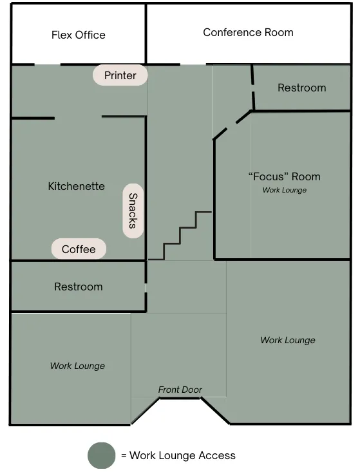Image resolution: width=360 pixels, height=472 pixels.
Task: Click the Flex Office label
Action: (79, 35)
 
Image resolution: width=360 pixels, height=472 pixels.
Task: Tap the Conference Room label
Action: (248, 32)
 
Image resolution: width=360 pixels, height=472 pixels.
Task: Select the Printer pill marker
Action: (120, 75)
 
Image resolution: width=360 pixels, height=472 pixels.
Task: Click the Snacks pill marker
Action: (133, 211)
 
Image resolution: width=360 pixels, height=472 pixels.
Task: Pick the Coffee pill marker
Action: (79, 249)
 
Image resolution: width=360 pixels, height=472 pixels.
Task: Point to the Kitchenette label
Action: (76, 186)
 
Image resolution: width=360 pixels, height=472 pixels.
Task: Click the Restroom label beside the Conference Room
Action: (301, 88)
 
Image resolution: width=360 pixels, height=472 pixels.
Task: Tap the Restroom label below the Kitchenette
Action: (79, 287)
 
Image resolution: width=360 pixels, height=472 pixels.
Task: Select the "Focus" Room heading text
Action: (285, 176)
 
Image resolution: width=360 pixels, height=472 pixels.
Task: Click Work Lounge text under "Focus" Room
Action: (285, 190)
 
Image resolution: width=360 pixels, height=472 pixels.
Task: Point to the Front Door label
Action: (180, 390)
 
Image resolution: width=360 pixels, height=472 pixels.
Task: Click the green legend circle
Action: (102, 455)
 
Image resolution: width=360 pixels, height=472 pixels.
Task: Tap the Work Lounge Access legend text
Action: (182, 455)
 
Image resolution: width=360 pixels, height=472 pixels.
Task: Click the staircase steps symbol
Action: (180, 236)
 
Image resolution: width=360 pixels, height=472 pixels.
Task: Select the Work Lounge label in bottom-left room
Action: (77, 366)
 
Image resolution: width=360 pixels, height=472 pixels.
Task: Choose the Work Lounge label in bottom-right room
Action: (288, 340)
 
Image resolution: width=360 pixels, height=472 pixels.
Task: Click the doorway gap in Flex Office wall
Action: (48, 64)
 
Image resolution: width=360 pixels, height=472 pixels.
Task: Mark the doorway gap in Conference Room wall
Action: (193, 64)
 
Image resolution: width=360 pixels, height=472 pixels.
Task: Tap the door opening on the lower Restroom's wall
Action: (146, 288)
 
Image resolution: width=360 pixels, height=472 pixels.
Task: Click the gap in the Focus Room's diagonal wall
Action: (232, 126)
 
